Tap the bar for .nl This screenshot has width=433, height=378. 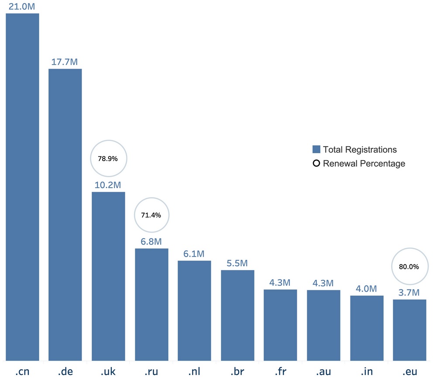tap(194, 310)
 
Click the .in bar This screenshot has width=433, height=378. tap(367, 328)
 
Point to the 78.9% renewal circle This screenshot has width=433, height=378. tap(108, 158)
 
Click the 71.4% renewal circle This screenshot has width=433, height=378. tap(151, 215)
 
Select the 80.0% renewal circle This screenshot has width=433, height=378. tap(409, 266)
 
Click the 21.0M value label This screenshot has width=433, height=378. tap(22, 6)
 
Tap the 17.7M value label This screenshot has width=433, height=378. tap(65, 62)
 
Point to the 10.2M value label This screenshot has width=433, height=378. tap(108, 185)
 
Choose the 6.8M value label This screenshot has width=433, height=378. tap(151, 242)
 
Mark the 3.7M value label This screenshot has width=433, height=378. tap(409, 292)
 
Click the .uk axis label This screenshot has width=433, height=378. tap(108, 372)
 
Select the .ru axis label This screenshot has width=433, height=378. tap(151, 372)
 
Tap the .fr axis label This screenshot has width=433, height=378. tap(280, 372)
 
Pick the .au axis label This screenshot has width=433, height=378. tap(323, 372)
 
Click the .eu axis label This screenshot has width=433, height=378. tap(409, 372)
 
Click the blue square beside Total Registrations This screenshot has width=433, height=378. tap(316, 150)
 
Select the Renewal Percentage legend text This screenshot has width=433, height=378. tap(364, 164)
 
